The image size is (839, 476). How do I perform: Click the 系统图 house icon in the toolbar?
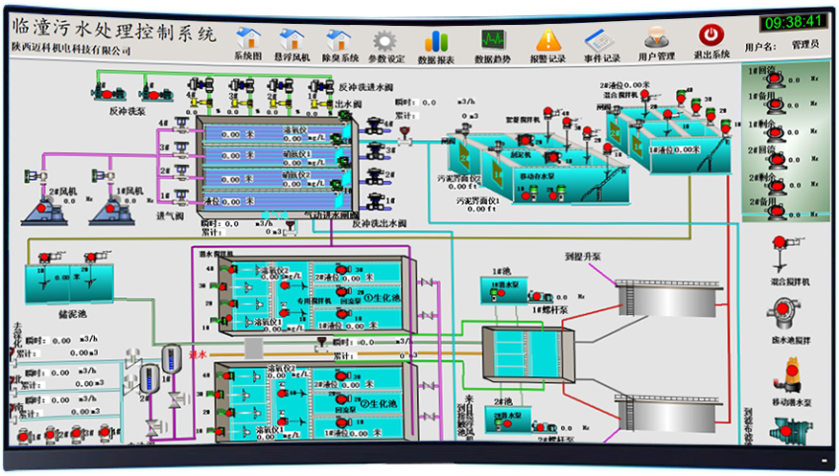click(248, 39)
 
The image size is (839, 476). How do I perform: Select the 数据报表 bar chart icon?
click(437, 40)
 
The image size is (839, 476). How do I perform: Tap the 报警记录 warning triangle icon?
click(548, 39)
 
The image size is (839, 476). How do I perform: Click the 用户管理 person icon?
click(656, 38)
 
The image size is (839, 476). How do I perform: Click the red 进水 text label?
click(198, 354)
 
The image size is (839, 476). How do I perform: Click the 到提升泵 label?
click(583, 257)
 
